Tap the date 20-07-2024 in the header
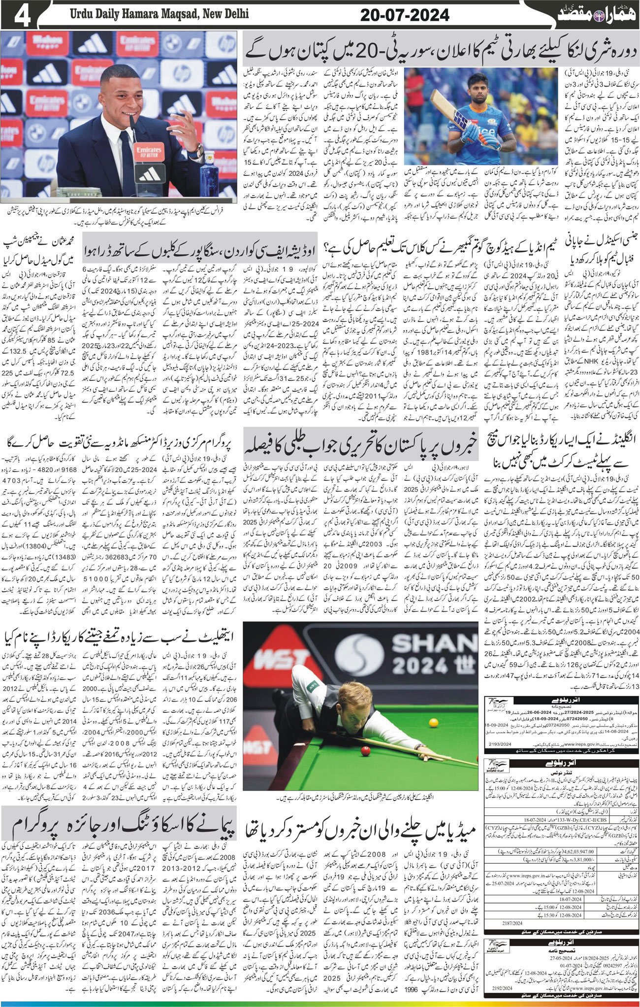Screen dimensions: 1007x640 [x=405, y=15]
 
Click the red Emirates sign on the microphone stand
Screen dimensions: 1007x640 [x=149, y=149]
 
